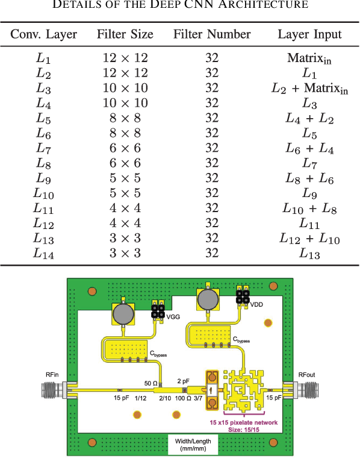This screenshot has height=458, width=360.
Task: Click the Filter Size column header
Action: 125,34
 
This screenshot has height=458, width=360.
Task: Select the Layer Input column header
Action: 309,35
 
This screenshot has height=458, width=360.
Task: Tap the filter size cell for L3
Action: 125,88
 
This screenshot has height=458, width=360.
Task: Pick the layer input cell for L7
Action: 309,148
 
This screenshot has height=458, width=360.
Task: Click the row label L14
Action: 43,253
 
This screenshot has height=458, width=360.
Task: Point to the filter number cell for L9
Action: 212,178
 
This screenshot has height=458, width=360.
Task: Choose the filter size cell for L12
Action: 125,223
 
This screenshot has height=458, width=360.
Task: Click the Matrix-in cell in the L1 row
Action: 309,58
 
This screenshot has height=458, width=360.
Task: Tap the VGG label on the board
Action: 173,316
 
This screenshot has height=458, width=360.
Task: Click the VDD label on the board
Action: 256,304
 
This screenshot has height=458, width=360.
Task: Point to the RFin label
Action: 52,374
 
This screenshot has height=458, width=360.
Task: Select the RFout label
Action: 306,374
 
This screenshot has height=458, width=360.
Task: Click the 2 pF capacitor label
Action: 183,381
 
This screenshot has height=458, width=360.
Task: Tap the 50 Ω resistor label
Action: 151,383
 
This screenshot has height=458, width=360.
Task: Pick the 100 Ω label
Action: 183,398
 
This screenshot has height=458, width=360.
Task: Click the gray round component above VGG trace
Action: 123,314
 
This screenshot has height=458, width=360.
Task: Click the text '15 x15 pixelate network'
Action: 244,422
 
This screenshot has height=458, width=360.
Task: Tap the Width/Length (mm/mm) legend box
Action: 193,445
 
